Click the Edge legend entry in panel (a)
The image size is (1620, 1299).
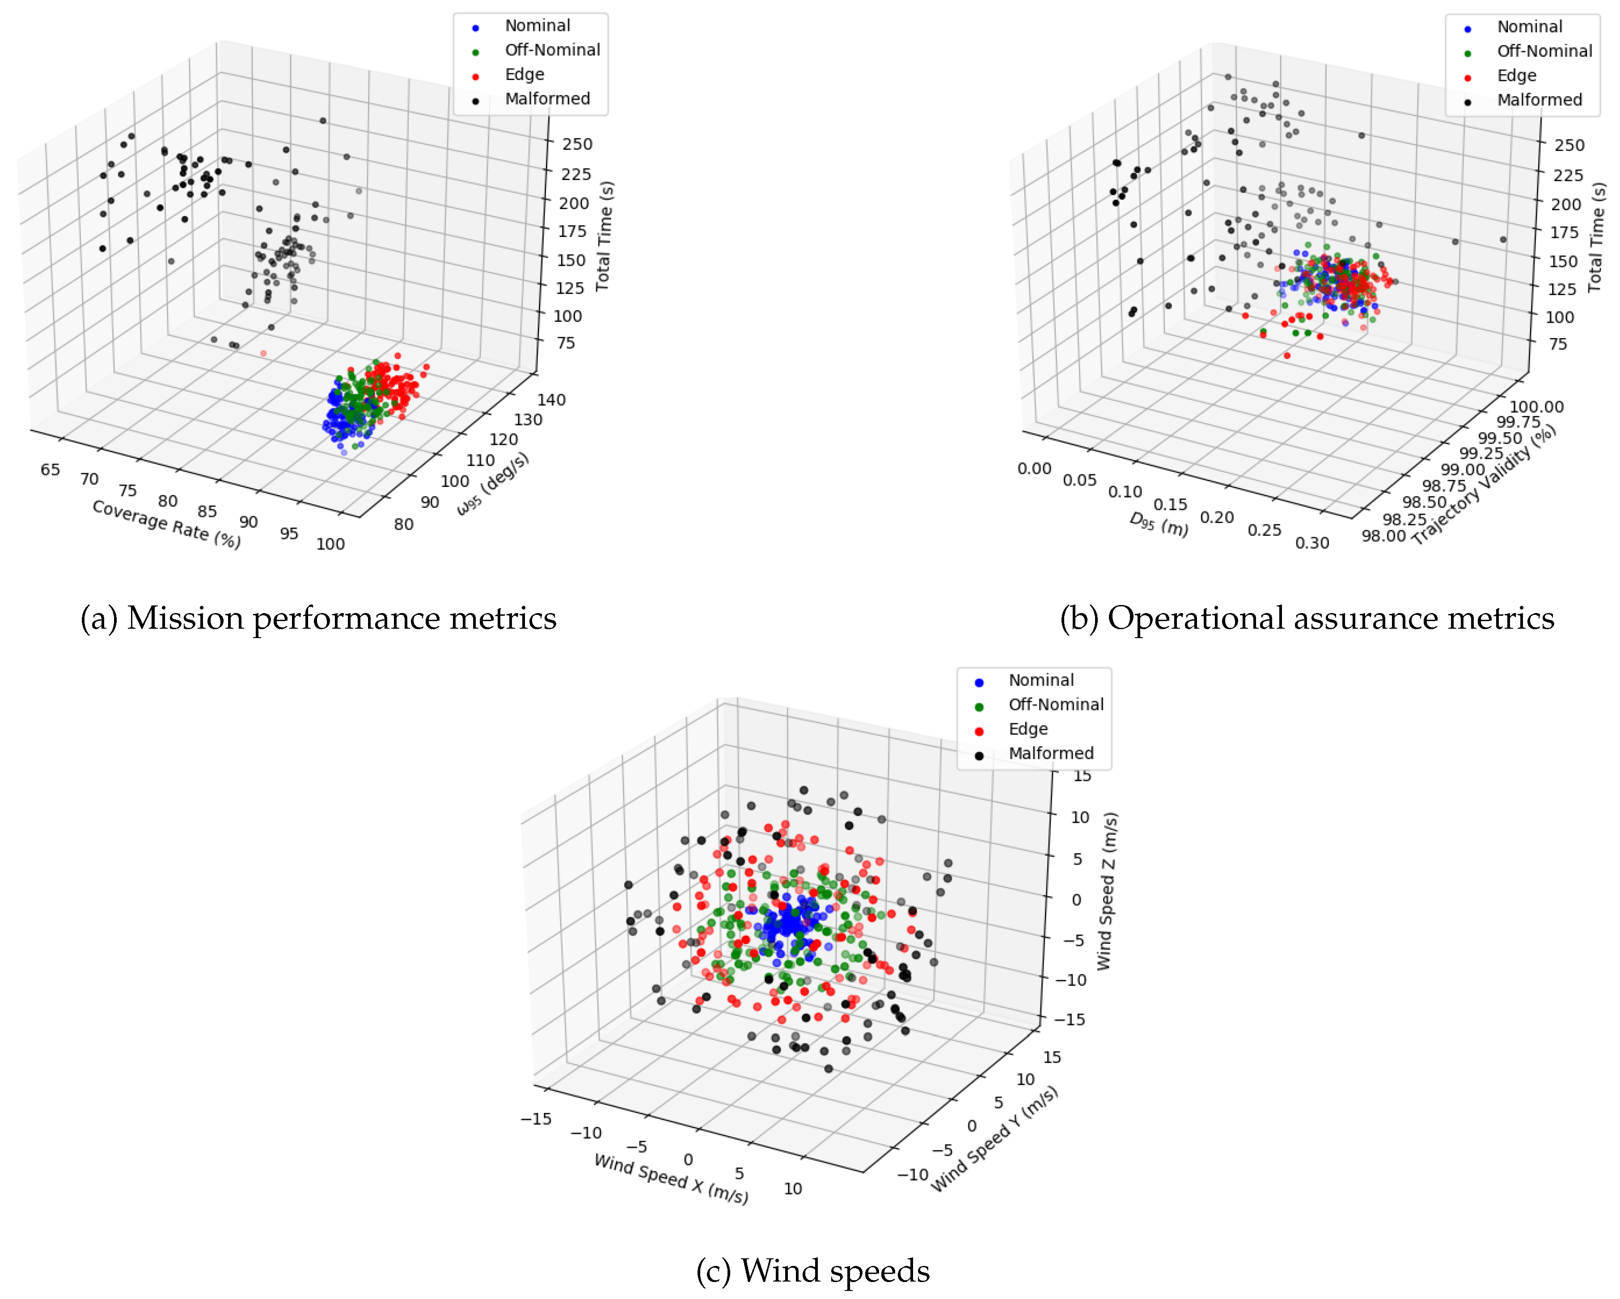coord(524,74)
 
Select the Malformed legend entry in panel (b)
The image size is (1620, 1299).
coord(1539,100)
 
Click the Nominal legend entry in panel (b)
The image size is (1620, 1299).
coord(1529,27)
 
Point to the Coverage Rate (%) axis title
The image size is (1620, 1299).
coord(166,524)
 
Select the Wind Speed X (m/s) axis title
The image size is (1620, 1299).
coord(671,1177)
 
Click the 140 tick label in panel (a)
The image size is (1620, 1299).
coord(551,400)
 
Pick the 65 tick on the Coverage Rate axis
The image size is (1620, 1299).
coord(51,470)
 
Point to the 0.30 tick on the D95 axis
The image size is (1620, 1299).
coord(1312,542)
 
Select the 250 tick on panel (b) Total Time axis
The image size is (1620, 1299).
coord(1569,145)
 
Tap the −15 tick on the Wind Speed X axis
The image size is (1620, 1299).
coord(536,1119)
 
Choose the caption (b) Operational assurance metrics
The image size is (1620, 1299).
coord(1307,618)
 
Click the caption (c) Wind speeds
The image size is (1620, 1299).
coord(813,1270)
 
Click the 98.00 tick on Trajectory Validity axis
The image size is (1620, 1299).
coord(1383,536)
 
